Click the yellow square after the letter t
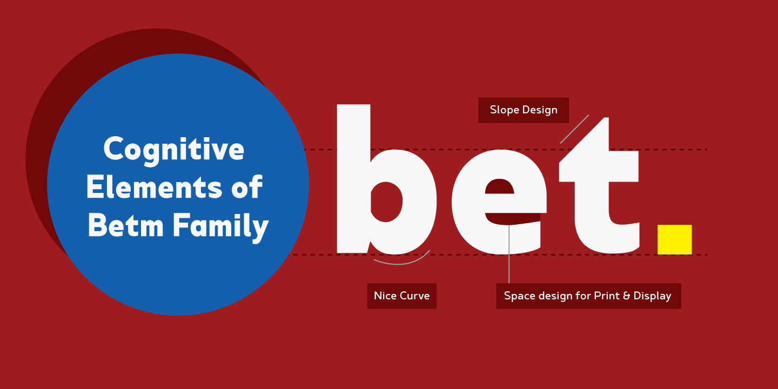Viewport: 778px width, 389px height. [x=674, y=239]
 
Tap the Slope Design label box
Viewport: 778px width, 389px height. [x=524, y=110]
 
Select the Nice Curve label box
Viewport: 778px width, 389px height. [x=401, y=296]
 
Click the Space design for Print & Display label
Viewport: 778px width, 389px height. [x=588, y=296]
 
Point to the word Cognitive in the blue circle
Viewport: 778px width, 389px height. [x=173, y=150]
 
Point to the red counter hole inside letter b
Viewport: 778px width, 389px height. [x=386, y=202]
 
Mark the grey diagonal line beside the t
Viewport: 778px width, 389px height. [x=574, y=129]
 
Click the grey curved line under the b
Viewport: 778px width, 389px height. [x=403, y=262]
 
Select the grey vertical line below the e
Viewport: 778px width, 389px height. [x=509, y=254]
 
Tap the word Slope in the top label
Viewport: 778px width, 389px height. [x=502, y=110]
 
